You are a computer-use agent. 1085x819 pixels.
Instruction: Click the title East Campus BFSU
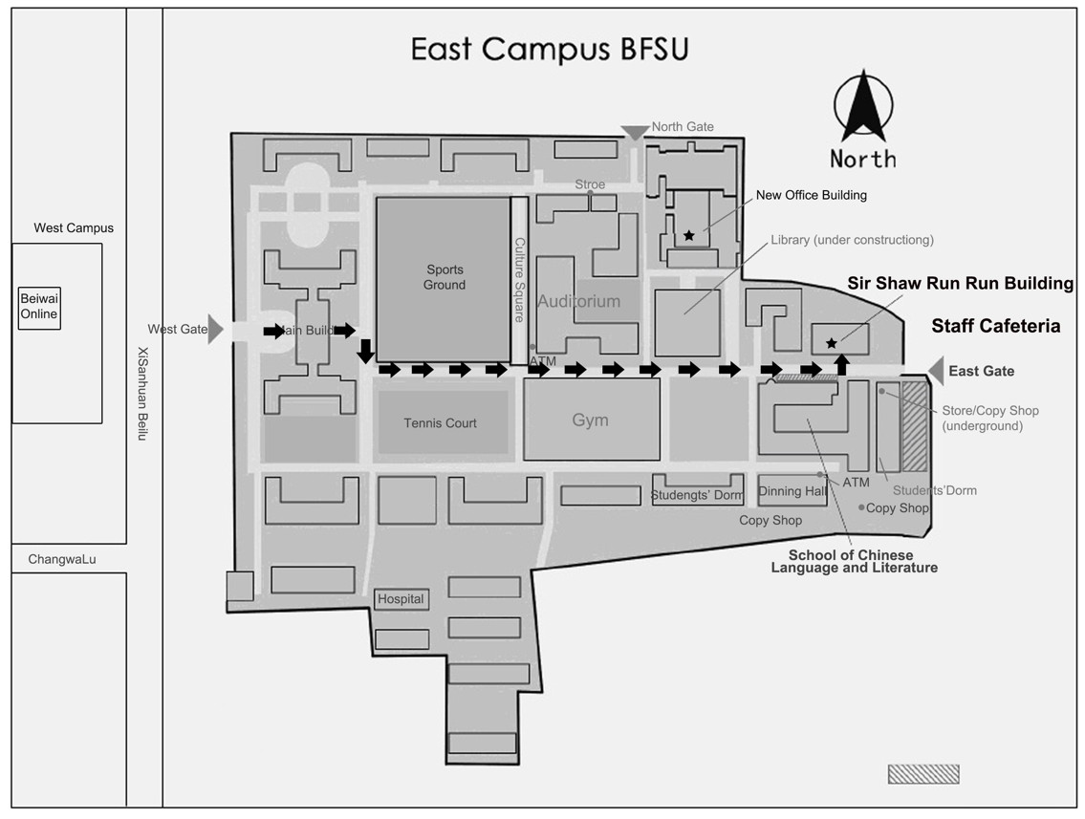tap(549, 50)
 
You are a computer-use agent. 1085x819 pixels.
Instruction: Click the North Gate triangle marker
tap(634, 133)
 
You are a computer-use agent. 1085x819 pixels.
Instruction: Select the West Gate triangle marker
tap(216, 330)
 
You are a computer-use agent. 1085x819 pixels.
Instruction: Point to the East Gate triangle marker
tap(936, 371)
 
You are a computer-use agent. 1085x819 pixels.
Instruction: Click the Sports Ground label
tap(445, 277)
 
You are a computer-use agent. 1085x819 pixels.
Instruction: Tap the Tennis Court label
tap(440, 423)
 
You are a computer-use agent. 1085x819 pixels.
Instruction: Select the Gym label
tap(590, 420)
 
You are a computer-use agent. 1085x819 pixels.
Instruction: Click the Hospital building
tap(401, 599)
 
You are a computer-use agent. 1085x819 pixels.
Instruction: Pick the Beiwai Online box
tap(39, 307)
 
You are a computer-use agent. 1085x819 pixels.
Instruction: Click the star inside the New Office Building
tap(689, 235)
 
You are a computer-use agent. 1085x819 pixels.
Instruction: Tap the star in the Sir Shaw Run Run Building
tap(831, 342)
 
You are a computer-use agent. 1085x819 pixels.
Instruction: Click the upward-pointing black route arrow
tap(841, 363)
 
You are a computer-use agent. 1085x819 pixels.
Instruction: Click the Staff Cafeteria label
tap(995, 327)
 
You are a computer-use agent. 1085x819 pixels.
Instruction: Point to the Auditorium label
tap(578, 301)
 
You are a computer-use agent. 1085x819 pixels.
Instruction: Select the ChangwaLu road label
tap(62, 559)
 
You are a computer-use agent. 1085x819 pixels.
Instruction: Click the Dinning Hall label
tap(792, 491)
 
